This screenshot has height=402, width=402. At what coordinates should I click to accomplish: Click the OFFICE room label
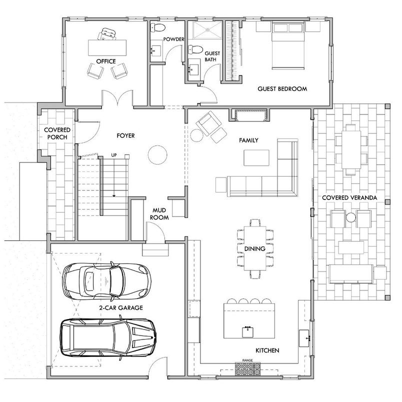pos(106,61)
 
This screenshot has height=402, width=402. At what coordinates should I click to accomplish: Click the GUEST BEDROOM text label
pos(282,89)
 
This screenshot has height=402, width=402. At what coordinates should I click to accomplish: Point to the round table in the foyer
pos(157,154)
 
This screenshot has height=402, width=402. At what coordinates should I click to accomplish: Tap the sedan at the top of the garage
pos(105,281)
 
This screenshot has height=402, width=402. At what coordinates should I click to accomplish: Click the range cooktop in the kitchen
pos(248,370)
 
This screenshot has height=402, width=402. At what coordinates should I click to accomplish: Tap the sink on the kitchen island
pos(246,330)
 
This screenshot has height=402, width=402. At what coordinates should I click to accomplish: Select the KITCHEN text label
pos(267,350)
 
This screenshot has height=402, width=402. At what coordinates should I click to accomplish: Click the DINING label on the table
pos(255,248)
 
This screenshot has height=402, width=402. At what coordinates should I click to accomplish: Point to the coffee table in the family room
pos(256,157)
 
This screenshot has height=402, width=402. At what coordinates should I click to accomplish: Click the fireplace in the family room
pos(248,115)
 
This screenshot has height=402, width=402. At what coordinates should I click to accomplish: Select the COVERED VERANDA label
pos(349,198)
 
